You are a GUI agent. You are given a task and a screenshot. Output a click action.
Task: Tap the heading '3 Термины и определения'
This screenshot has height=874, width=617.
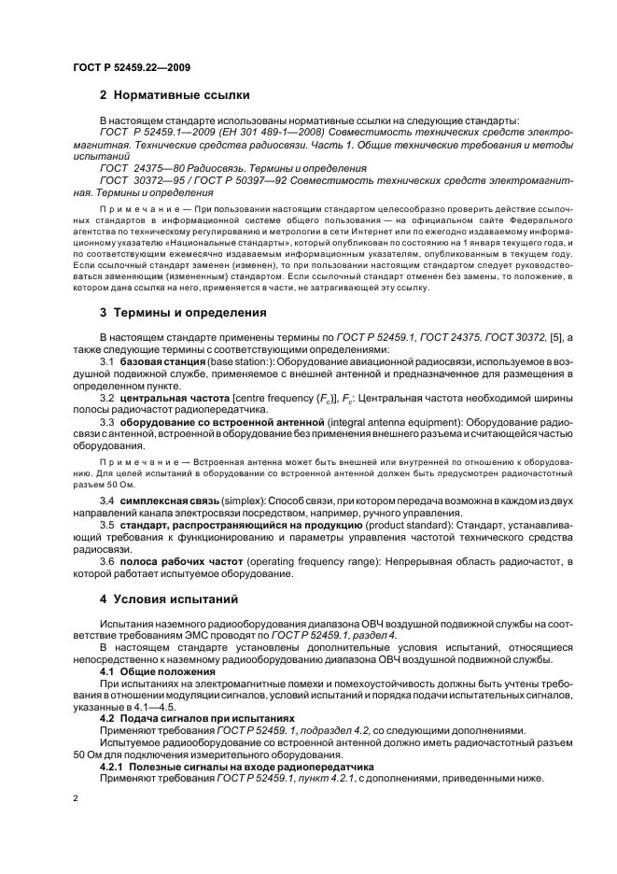(x=183, y=312)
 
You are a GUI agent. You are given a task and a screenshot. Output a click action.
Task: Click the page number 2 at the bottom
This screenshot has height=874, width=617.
(x=76, y=799)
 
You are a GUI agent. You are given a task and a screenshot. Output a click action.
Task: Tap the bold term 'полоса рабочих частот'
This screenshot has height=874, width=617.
(x=174, y=560)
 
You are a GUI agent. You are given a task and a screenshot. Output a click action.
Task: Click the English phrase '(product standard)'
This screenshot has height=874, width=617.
(x=411, y=527)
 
